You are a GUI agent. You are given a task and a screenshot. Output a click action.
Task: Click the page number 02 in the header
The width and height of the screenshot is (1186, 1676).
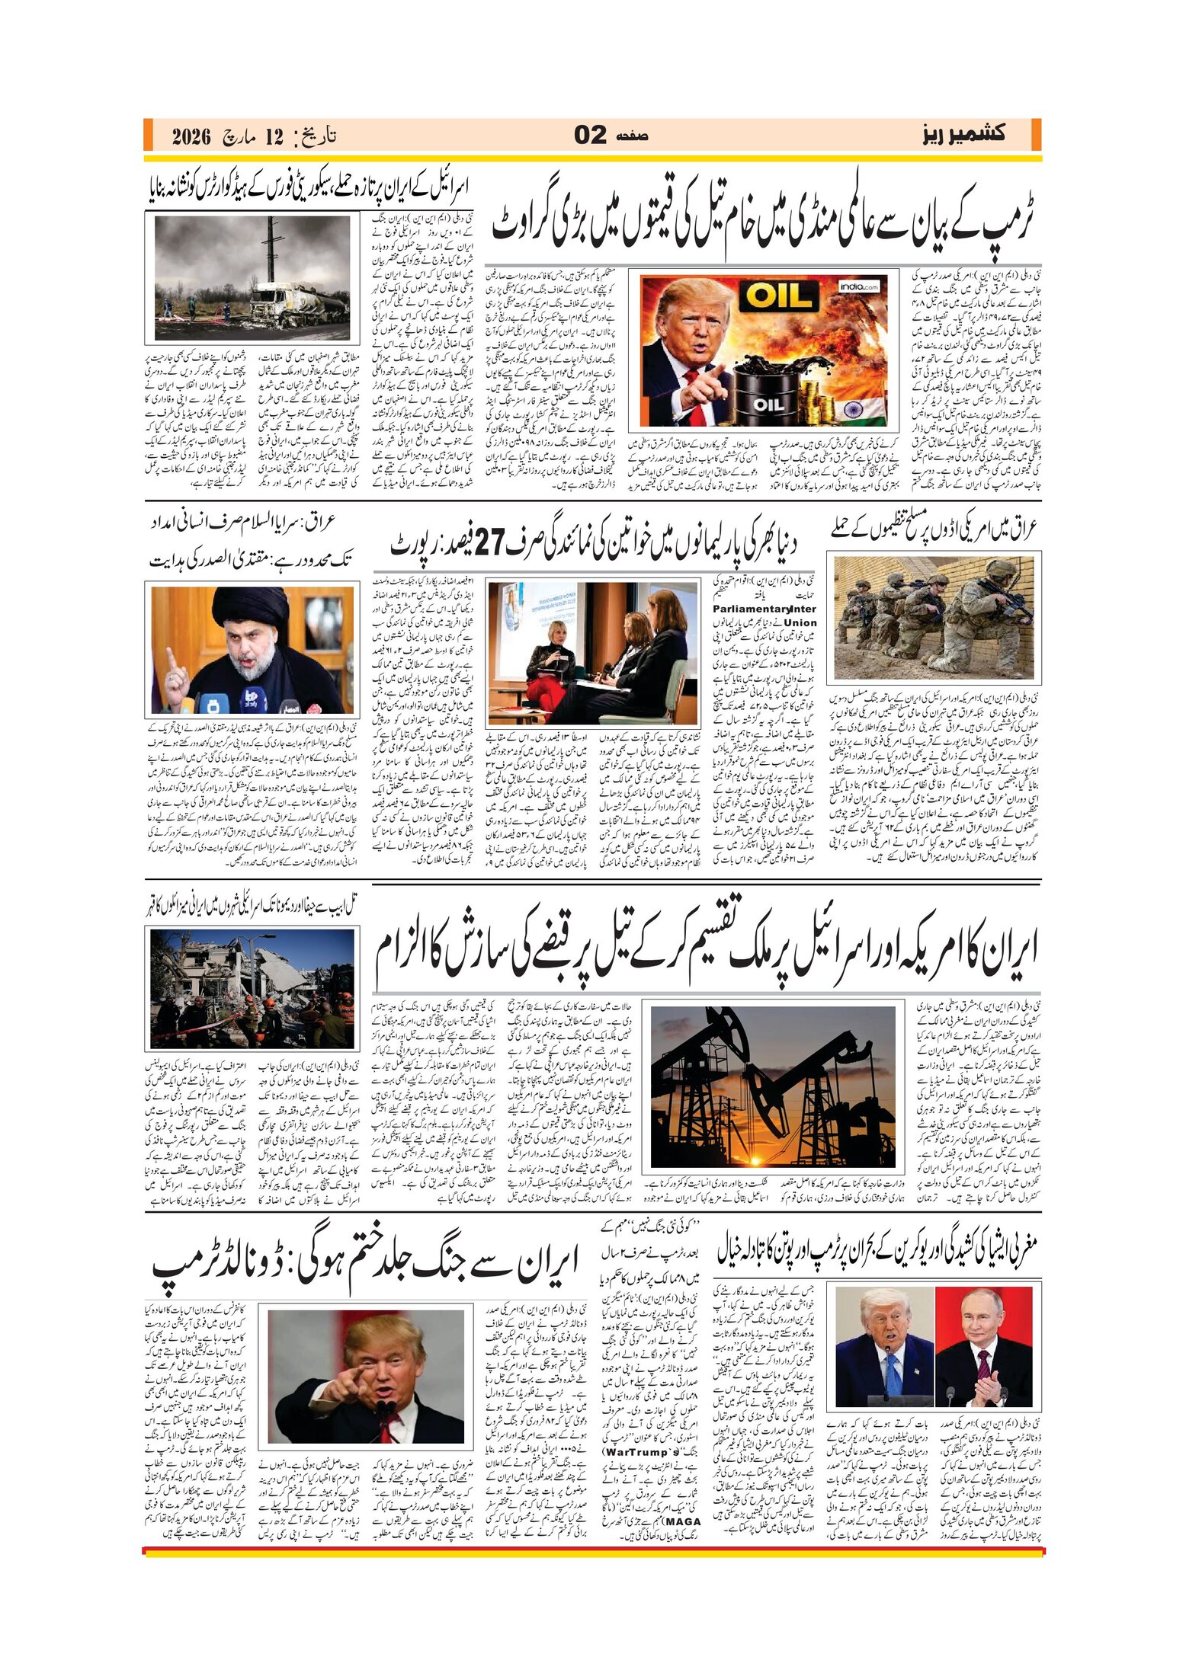click(x=590, y=136)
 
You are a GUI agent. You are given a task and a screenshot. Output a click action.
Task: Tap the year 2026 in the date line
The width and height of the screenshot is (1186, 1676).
click(x=191, y=137)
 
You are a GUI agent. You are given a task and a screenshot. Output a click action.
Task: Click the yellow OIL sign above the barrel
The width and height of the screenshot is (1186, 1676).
click(x=777, y=296)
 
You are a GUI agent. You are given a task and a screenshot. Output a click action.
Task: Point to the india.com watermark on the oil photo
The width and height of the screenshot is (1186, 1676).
click(x=859, y=287)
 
